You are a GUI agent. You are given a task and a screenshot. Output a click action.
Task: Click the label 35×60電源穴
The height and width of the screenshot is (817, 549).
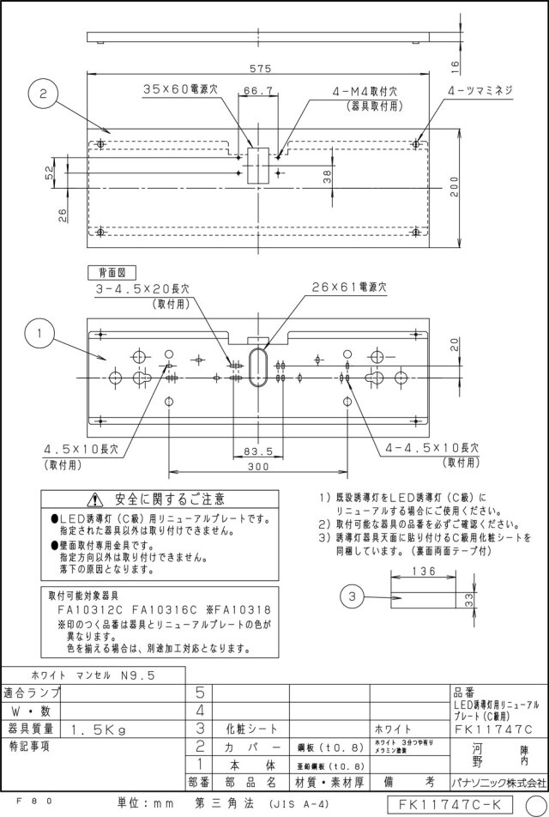[x=181, y=89]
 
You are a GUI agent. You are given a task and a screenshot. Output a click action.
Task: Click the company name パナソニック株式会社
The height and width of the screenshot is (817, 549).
[x=498, y=782]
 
